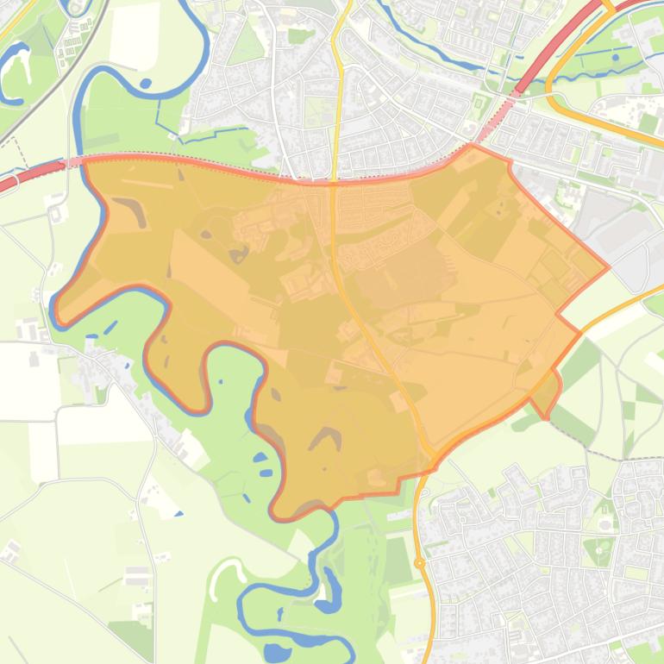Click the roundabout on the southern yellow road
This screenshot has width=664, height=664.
pos(420,563)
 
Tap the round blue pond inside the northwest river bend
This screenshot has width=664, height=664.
pos(146,84)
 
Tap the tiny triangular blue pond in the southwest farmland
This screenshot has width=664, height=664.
pos(179,514)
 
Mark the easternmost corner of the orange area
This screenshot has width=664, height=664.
pos(608,266)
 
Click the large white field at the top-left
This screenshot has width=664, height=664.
pos(134,34)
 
